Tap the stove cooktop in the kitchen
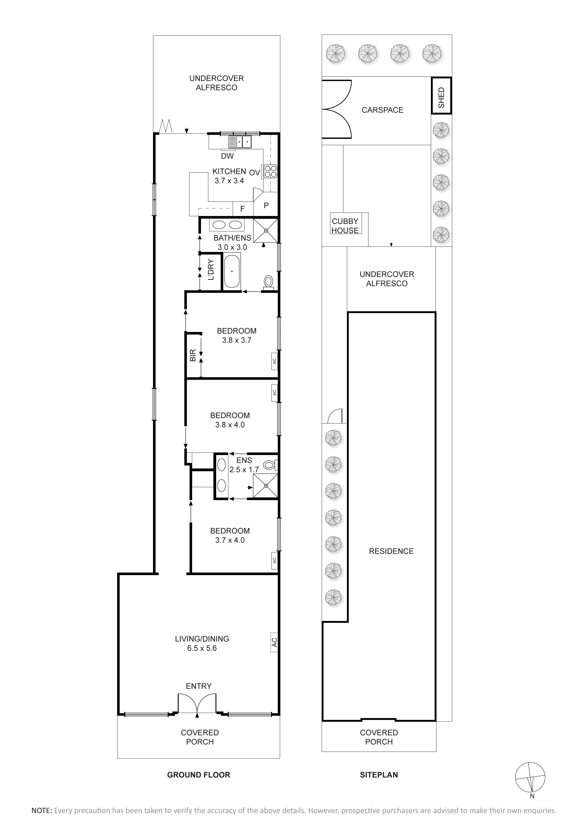point(270,171)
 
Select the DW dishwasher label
point(227,156)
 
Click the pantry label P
point(266,205)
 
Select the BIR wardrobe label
point(193,355)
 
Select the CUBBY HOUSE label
point(345,226)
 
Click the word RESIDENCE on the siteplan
point(391,551)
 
